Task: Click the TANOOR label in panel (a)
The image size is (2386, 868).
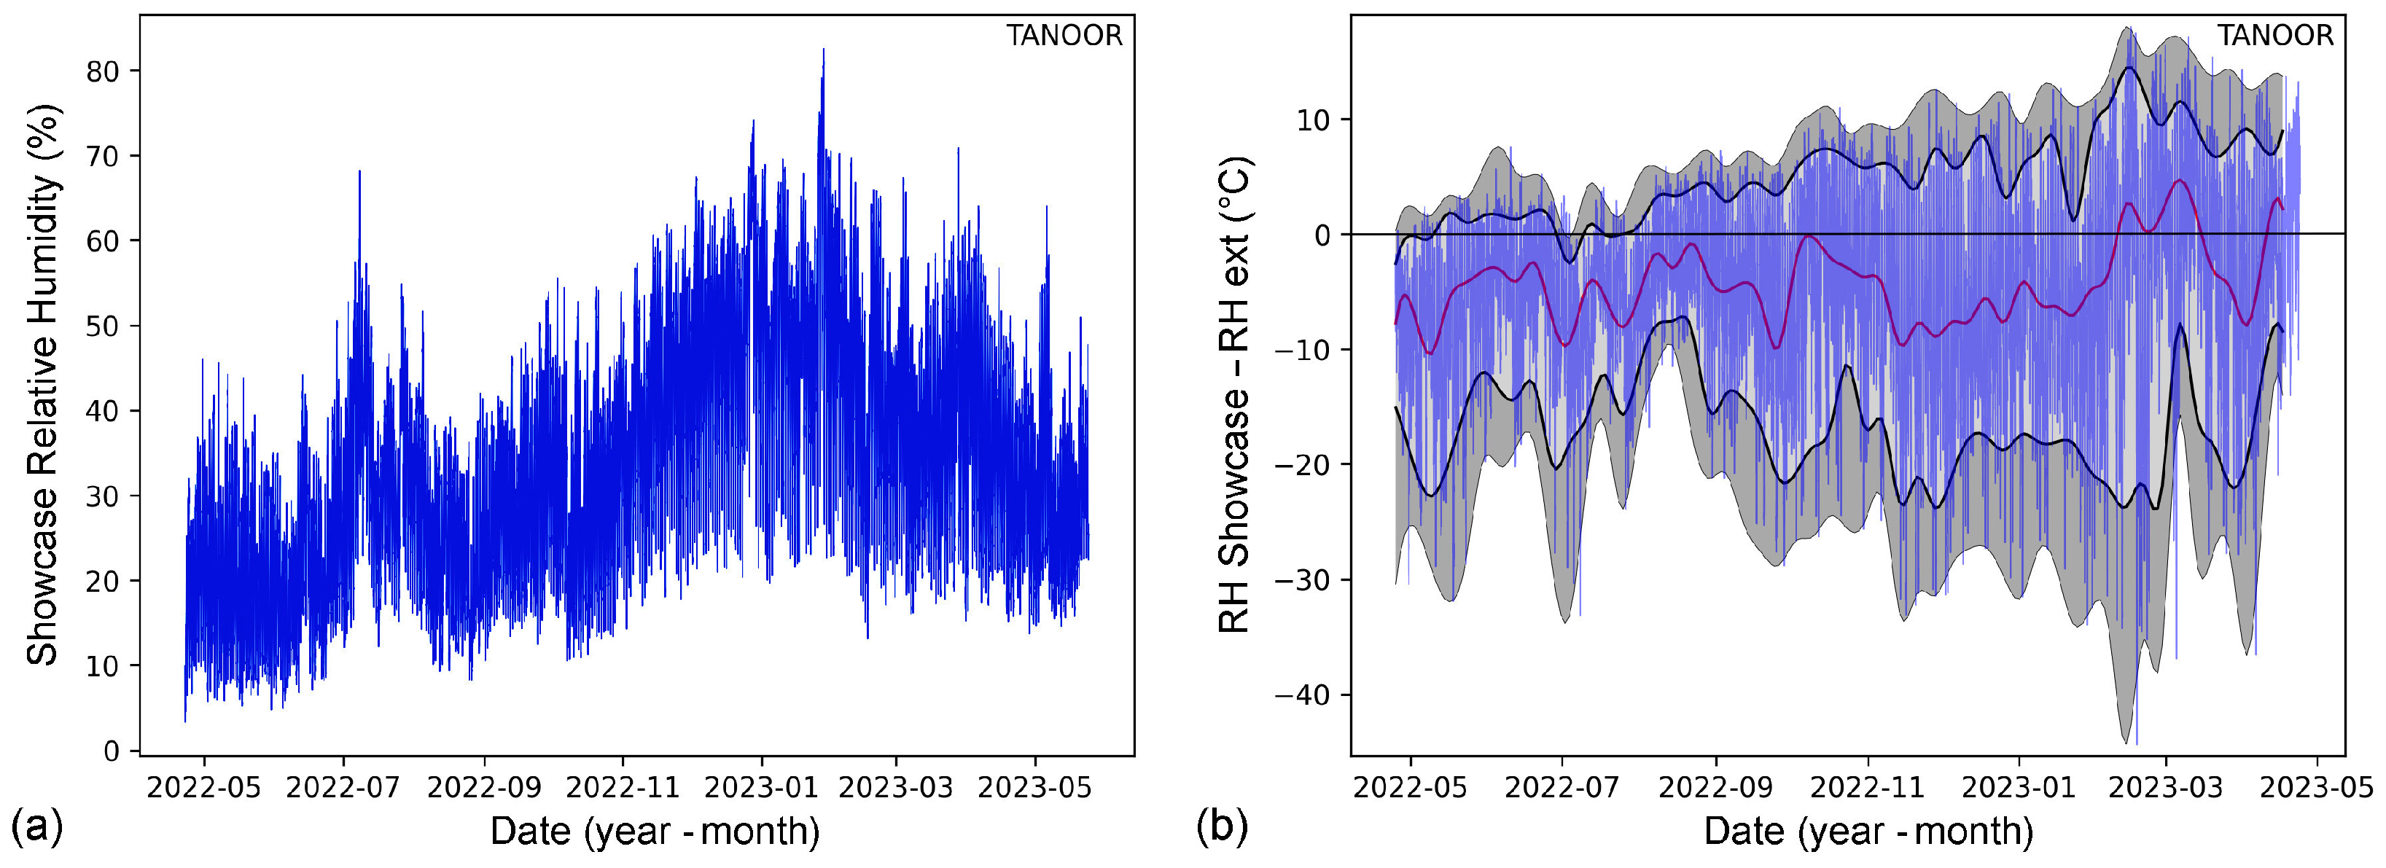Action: click(1064, 36)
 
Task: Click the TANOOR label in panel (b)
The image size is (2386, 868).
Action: click(2275, 36)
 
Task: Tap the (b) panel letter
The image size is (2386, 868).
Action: click(1222, 824)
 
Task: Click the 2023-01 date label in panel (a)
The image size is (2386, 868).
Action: click(760, 789)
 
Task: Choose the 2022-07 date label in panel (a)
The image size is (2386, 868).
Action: click(343, 789)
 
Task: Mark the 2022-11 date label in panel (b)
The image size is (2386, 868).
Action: click(1867, 789)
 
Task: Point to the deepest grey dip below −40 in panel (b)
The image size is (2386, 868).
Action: click(2126, 739)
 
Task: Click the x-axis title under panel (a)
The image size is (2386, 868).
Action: click(655, 831)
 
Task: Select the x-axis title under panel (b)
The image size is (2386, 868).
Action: click(1868, 831)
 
